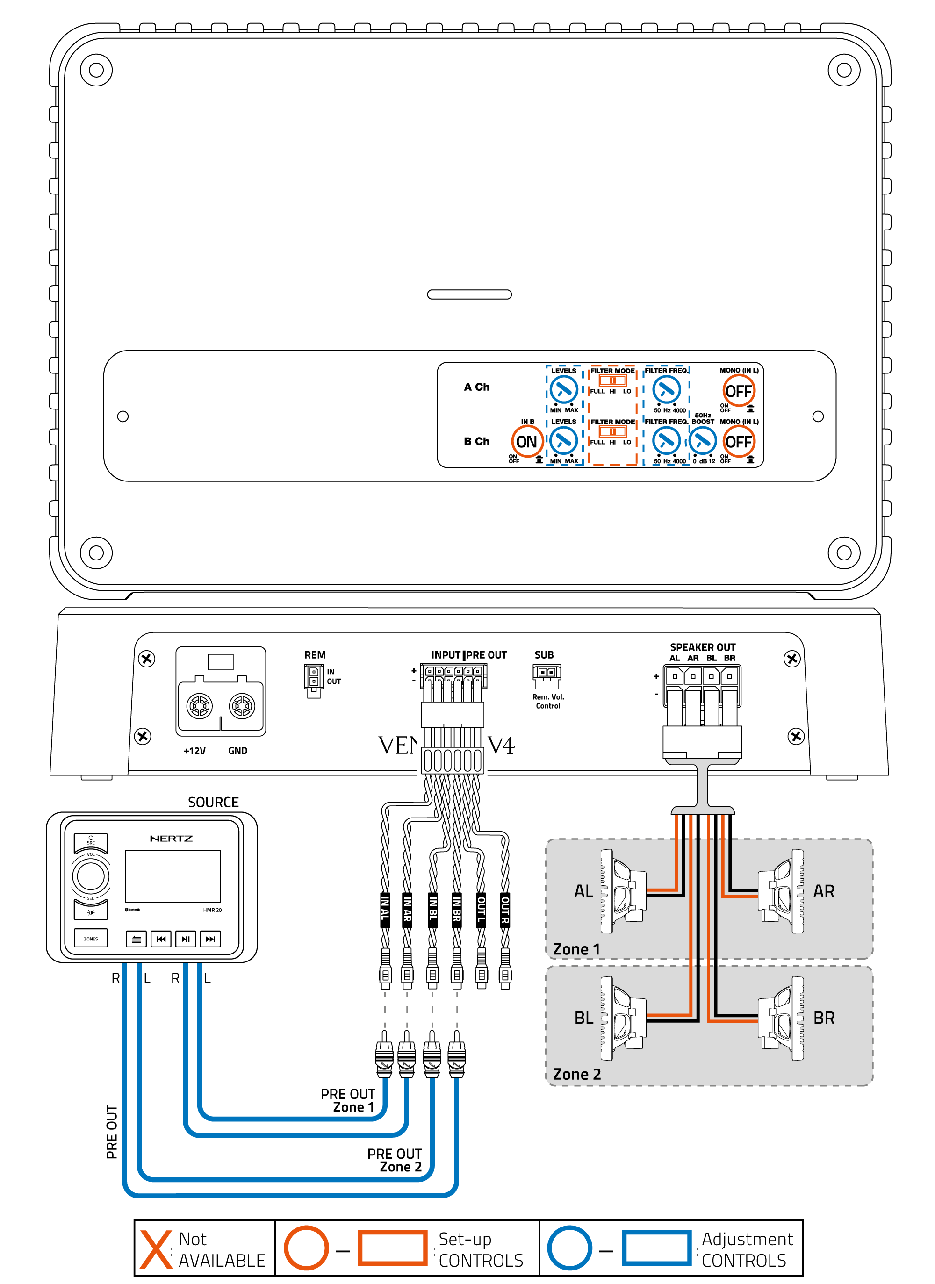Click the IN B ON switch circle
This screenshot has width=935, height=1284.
[x=527, y=442]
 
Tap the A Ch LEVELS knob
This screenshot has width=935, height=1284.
[x=563, y=389]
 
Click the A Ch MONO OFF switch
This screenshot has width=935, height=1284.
[x=739, y=391]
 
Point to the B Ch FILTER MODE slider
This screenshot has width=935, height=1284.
[x=612, y=432]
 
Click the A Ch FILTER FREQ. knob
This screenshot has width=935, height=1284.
[x=666, y=389]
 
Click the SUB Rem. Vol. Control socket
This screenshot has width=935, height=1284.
[x=546, y=674]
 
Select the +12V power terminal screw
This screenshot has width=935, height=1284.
[x=199, y=706]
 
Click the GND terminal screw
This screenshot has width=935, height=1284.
[x=242, y=706]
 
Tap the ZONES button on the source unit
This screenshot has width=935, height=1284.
[x=91, y=939]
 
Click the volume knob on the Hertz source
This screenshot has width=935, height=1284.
[x=91, y=876]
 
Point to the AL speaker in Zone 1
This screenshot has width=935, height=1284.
[x=623, y=892]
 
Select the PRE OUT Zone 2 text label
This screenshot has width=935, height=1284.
[x=395, y=1160]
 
